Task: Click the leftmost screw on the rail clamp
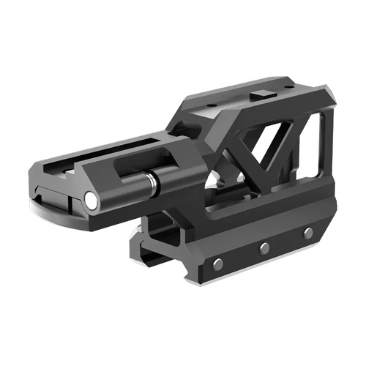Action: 218,264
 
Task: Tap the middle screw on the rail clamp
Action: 264,248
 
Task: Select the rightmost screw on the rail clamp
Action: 308,233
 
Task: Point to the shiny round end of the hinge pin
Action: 91,199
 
